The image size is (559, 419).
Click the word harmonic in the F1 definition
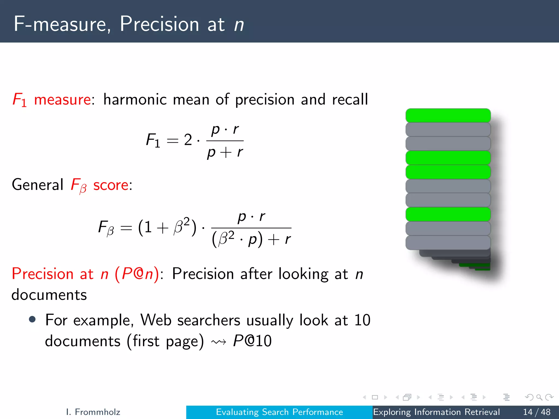point(135,99)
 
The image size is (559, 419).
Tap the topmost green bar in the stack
point(448,115)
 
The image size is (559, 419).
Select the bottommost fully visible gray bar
point(448,243)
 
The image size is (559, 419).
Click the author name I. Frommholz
point(93,412)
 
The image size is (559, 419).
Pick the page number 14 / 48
point(537,412)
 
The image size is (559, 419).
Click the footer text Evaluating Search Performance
point(279,412)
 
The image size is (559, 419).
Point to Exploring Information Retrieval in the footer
point(436,412)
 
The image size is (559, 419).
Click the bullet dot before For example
point(32,319)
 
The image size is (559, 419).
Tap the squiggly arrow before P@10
point(219,342)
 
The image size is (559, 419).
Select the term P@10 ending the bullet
point(252,341)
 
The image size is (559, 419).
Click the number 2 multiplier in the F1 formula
point(188,140)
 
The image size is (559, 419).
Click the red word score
point(111,185)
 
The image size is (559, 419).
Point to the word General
point(38,185)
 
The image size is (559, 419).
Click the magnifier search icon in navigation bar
point(539,397)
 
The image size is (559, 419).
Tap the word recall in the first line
point(350,99)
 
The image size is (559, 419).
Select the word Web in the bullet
point(156,320)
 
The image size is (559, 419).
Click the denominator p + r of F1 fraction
point(225,152)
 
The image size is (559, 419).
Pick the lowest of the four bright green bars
point(448,214)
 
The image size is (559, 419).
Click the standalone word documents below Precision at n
point(49,295)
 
